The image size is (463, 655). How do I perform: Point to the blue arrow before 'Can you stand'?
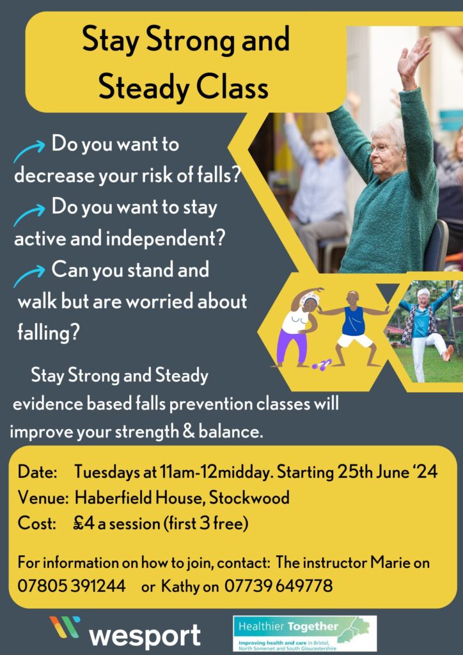29,275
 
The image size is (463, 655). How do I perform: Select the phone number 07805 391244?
72,586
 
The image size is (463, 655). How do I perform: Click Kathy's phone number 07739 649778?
278,586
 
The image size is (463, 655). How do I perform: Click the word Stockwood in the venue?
249,498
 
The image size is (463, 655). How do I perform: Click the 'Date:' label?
38,473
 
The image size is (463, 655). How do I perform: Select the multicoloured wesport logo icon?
65,627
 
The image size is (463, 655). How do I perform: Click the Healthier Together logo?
304,633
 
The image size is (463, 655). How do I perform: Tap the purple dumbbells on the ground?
322,364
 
